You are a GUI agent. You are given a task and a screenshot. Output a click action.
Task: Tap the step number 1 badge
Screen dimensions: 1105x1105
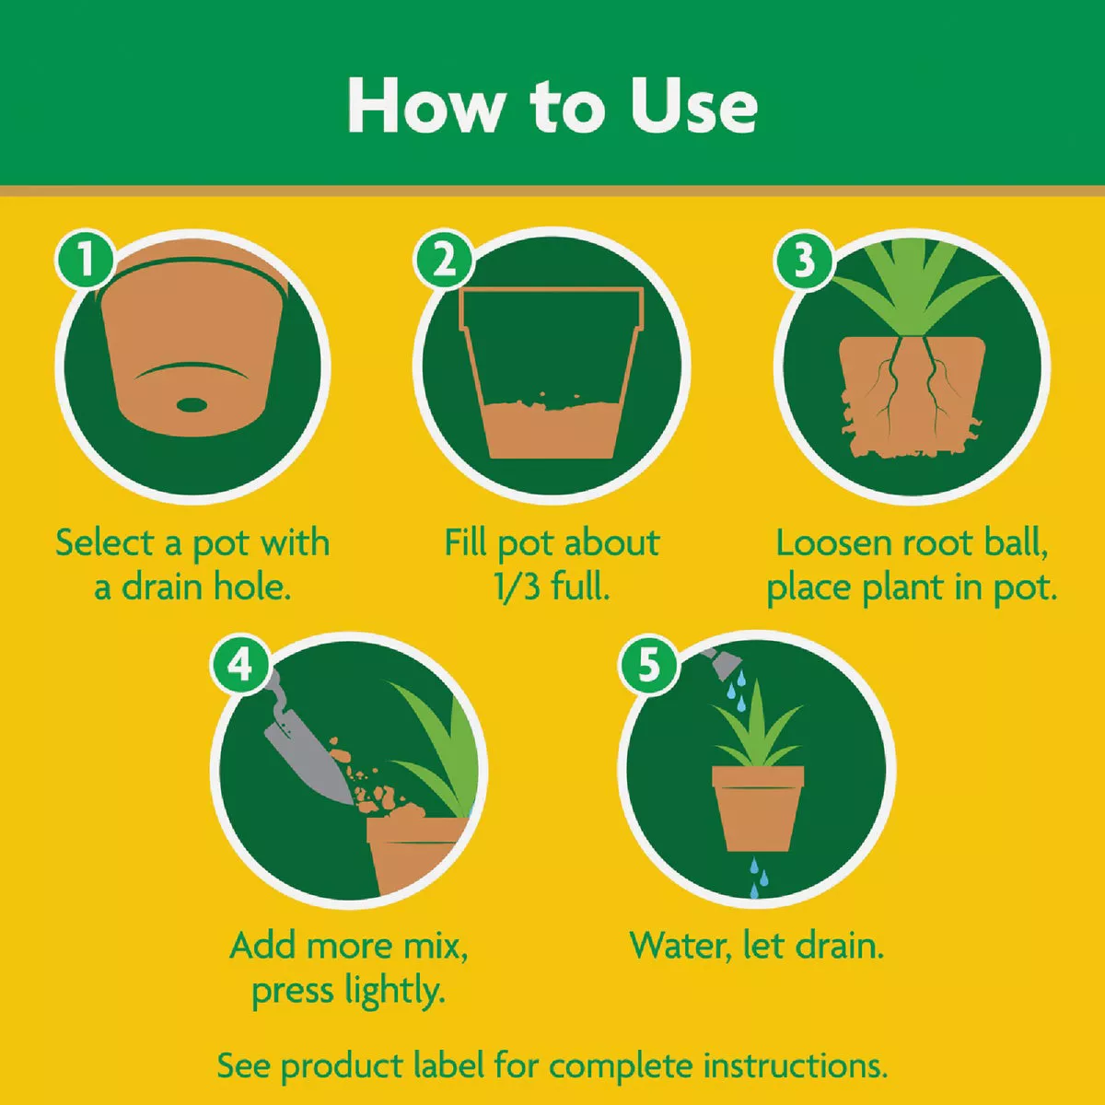coord(85,260)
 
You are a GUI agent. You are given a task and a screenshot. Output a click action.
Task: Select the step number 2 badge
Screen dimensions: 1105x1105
coord(444,260)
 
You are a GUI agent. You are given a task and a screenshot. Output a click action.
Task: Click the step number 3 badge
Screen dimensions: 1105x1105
coord(804,260)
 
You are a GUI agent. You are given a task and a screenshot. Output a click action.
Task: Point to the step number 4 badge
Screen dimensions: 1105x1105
coord(240,663)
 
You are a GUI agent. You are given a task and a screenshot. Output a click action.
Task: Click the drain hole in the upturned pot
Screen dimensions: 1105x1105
coord(192,404)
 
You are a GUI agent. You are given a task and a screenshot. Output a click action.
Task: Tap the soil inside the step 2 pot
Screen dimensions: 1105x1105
coord(552,428)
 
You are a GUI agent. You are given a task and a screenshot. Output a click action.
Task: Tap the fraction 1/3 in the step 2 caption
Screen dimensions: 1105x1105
coord(517,587)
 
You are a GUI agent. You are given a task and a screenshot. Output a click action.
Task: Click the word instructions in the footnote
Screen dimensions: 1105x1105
coord(795,1066)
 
